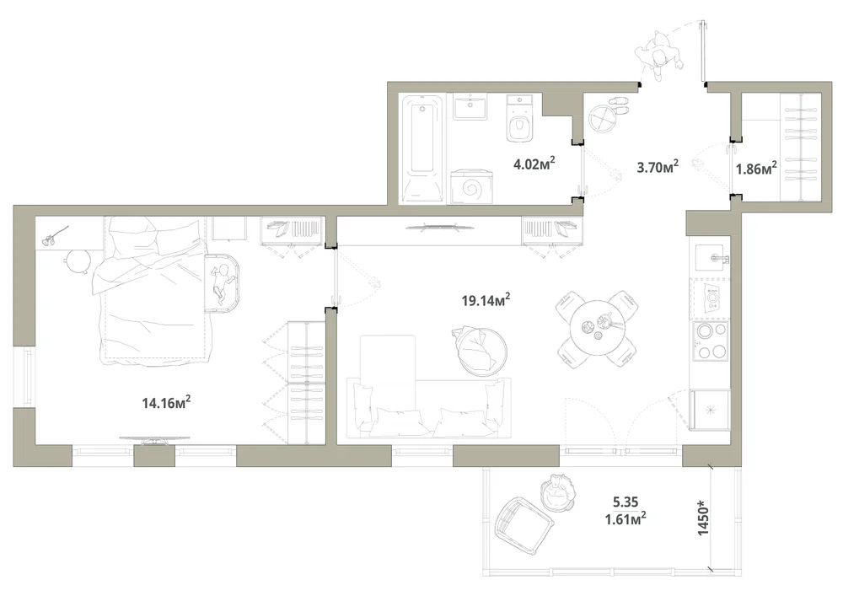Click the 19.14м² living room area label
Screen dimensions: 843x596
486,300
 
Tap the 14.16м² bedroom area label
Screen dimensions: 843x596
167,402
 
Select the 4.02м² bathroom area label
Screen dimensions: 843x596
534,164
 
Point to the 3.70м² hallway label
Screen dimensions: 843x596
658,167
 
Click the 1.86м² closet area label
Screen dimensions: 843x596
756,169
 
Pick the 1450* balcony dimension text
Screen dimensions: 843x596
703,518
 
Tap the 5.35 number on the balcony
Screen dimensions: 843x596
626,502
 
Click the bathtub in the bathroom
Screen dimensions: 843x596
423,149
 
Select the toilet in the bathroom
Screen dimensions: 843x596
520,119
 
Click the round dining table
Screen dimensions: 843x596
598,329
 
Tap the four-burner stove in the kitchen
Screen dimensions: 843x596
711,341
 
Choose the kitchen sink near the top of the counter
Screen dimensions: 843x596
712,257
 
